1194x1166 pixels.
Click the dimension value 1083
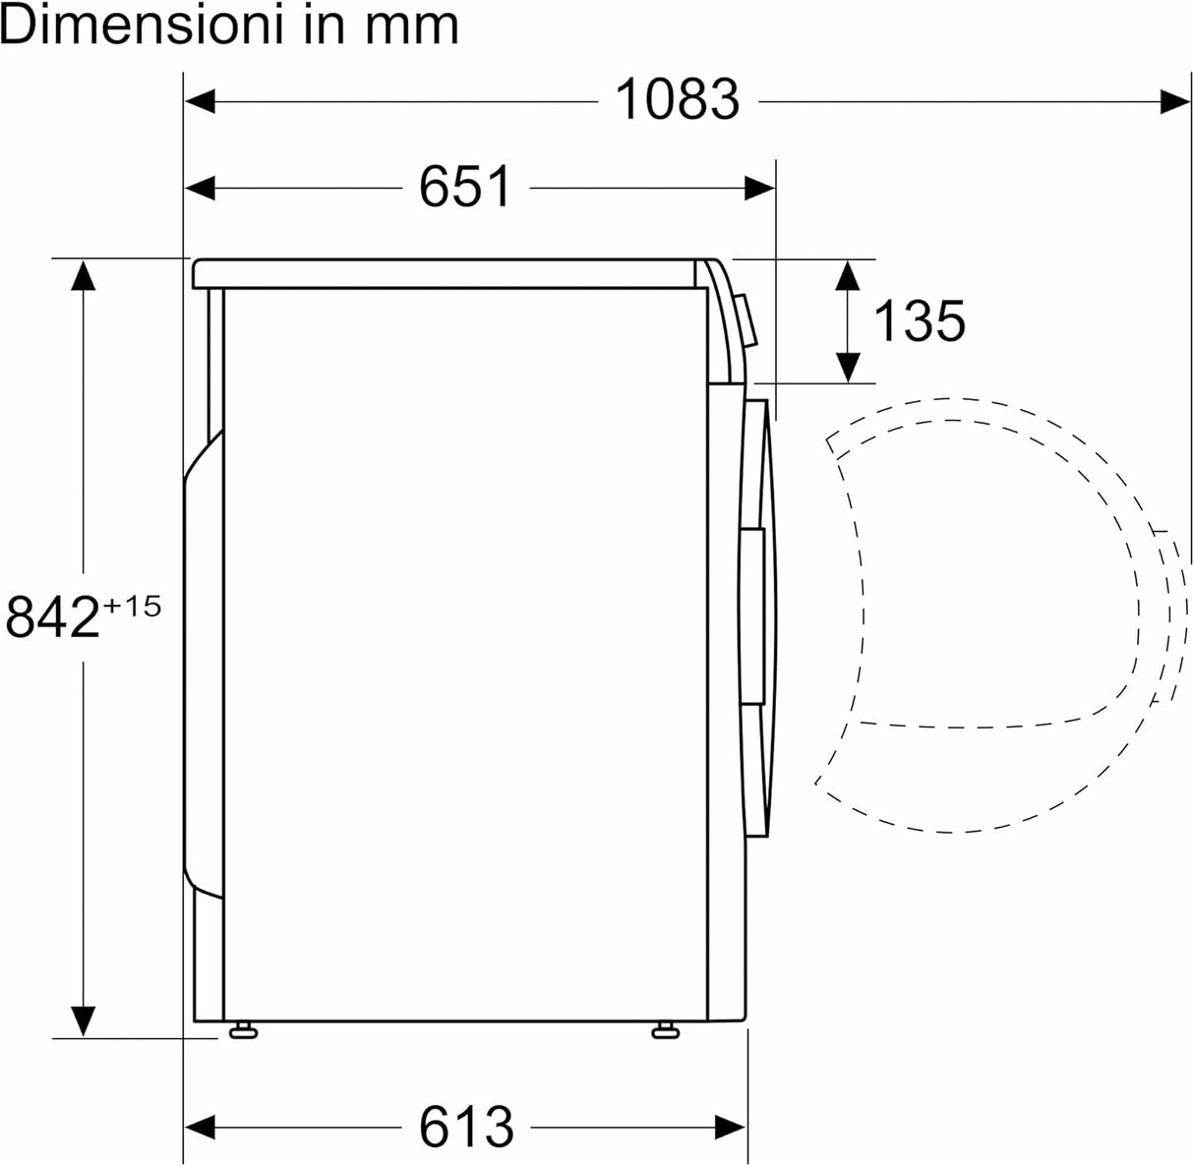pyautogui.click(x=677, y=99)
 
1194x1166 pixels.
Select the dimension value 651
pyautogui.click(x=465, y=187)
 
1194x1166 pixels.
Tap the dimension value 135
pyautogui.click(x=920, y=321)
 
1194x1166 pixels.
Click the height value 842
pyautogui.click(x=53, y=618)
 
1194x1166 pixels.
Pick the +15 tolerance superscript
pyautogui.click(x=131, y=606)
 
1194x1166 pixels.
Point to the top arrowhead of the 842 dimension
pyautogui.click(x=83, y=275)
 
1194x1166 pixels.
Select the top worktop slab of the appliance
pyautogui.click(x=448, y=274)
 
